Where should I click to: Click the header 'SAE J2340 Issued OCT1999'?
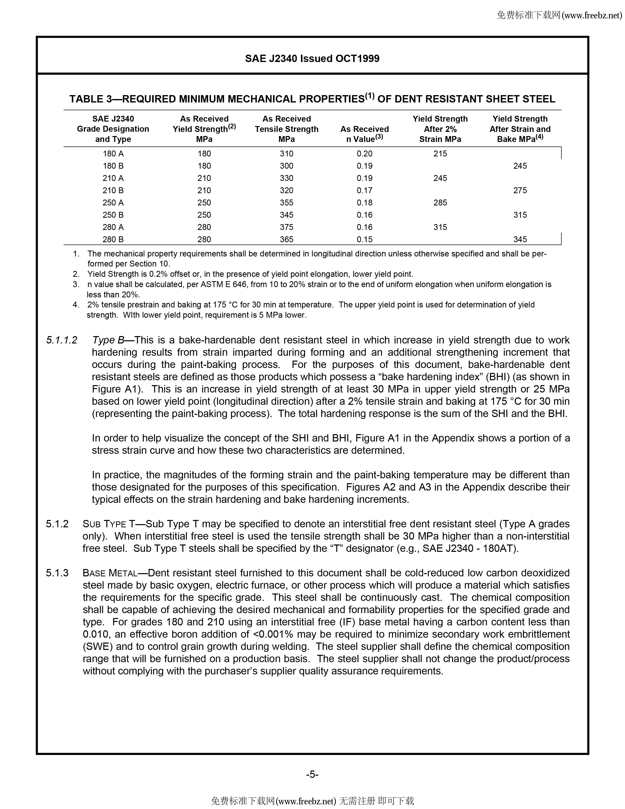point(312,59)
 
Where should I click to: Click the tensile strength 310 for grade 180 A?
point(286,154)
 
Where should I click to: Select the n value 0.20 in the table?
point(364,154)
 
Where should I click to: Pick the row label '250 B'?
point(113,215)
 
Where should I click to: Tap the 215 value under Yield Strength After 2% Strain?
point(440,154)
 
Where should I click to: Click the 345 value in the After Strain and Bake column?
point(520,239)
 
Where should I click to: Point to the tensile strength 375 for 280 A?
point(286,227)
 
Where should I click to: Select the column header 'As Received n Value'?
point(364,134)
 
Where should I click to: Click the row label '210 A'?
point(113,178)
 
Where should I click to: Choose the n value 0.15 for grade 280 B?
point(364,239)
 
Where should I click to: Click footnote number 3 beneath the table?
point(76,284)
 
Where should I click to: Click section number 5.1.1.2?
point(62,340)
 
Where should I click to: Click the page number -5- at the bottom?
point(312,774)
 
